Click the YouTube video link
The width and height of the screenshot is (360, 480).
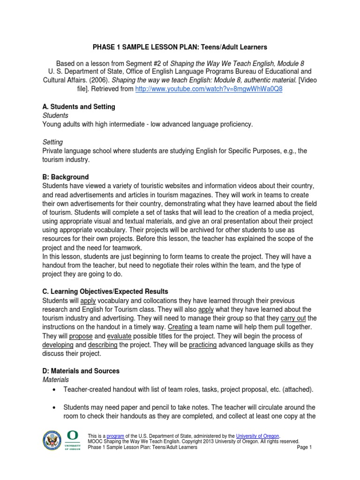click(209, 89)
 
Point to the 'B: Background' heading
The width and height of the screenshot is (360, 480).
click(65, 177)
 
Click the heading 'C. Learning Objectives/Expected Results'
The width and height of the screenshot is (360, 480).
click(105, 292)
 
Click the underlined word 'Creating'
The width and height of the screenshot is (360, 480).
click(180, 327)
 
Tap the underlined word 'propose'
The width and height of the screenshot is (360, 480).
click(81, 336)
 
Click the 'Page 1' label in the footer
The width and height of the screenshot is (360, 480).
click(304, 447)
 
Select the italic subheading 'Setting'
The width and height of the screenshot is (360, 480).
click(52, 142)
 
